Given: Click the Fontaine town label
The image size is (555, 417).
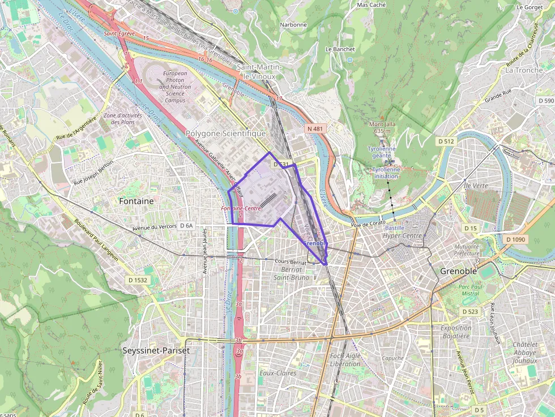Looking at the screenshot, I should [x=136, y=201].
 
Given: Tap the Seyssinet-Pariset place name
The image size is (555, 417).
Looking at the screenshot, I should [x=156, y=350].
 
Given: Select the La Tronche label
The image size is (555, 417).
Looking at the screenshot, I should [x=524, y=70].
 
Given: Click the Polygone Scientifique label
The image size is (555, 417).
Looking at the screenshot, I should [x=225, y=134].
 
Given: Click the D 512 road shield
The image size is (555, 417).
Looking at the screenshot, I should [x=446, y=141].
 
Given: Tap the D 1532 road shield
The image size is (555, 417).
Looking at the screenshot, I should [x=138, y=280].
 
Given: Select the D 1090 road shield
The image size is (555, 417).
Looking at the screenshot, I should [x=516, y=239].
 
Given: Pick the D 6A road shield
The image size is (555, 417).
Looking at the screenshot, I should [x=186, y=225].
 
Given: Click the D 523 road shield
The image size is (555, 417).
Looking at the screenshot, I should [x=470, y=312].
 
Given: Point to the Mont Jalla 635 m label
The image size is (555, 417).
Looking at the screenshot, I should [x=381, y=127].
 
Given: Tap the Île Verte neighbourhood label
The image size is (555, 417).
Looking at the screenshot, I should [x=475, y=186].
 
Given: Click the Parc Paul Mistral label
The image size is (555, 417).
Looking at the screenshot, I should [x=470, y=290].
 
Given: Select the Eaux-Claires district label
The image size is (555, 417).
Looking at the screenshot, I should [x=277, y=373].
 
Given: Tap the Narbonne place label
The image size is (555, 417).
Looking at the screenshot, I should [x=293, y=25].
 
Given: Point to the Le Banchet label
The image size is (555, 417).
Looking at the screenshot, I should [x=340, y=49].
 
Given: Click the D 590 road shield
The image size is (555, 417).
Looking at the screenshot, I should [x=546, y=100].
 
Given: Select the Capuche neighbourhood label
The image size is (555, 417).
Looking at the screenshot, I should [x=392, y=358].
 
